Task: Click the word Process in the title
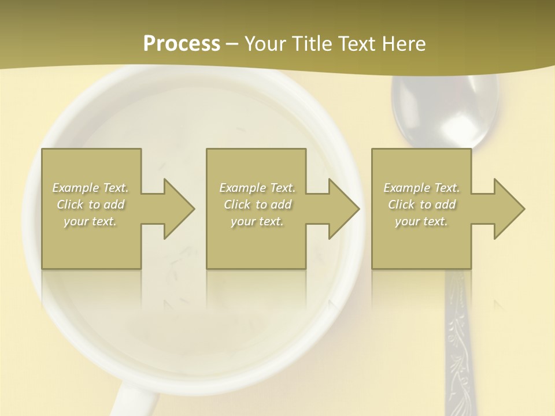click(x=182, y=44)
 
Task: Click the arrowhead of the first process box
click(x=177, y=209)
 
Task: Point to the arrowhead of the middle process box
click(x=342, y=209)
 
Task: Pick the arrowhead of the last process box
click(x=508, y=209)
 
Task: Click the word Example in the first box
click(x=75, y=188)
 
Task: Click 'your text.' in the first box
click(x=90, y=221)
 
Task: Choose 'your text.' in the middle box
click(x=257, y=221)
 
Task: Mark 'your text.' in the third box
click(x=421, y=221)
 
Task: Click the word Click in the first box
click(x=71, y=205)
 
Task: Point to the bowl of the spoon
click(x=445, y=110)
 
